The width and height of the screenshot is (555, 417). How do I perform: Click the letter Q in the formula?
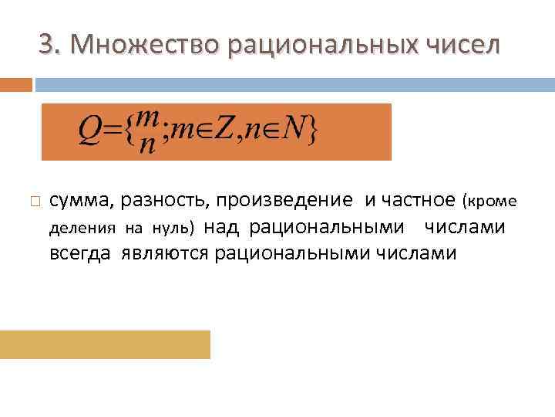coord(88,132)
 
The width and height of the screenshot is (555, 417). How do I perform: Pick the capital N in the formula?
coord(292,132)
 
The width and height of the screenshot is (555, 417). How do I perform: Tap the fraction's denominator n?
coord(147,145)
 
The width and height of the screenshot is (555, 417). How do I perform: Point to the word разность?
coord(163,202)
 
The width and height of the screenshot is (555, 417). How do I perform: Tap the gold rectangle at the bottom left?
coord(105,344)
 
